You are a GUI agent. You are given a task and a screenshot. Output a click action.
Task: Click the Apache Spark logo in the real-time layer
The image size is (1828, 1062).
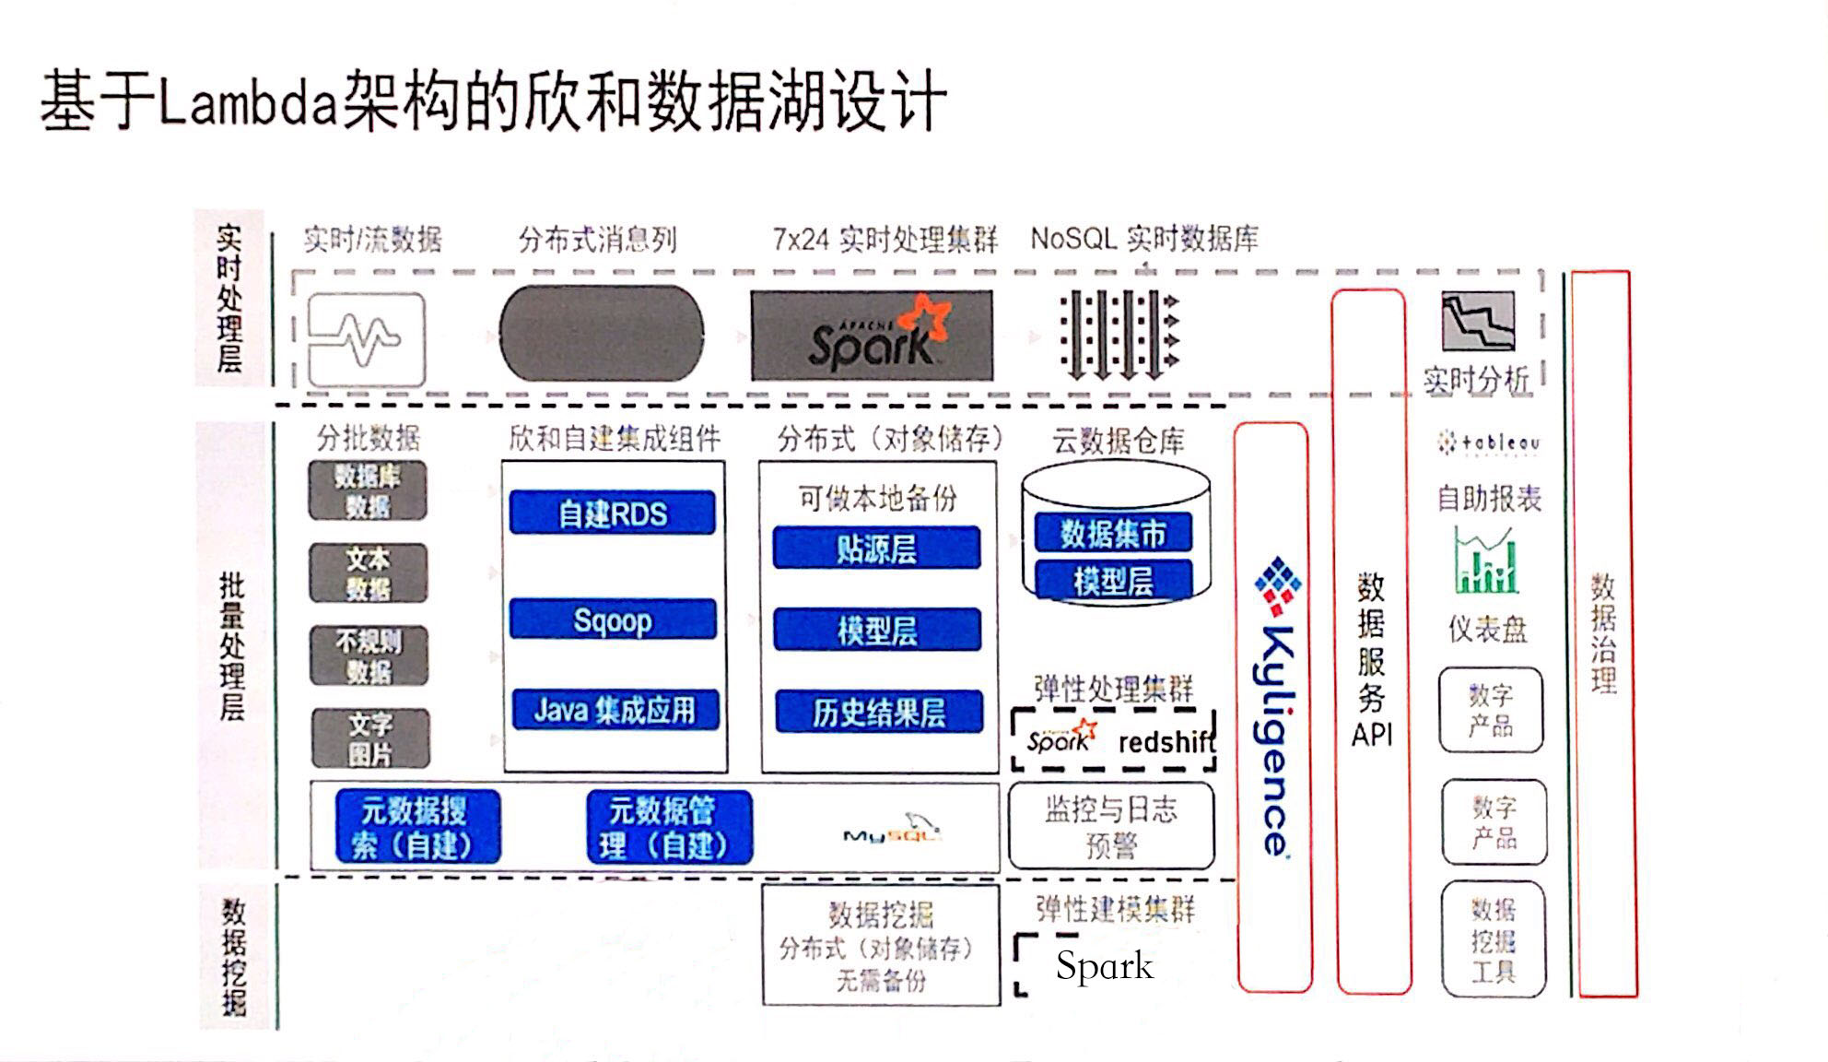[872, 336]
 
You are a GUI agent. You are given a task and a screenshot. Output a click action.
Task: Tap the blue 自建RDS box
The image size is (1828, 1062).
[613, 513]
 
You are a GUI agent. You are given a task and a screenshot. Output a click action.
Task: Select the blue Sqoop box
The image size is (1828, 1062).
[613, 619]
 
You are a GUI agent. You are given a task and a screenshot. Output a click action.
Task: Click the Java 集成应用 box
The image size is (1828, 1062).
[615, 710]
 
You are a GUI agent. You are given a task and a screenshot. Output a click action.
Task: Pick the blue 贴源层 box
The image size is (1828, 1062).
[876, 549]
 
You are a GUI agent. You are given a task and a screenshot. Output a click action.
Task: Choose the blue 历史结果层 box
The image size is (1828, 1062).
[878, 712]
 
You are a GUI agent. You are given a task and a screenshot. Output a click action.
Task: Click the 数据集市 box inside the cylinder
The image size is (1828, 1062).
[1113, 533]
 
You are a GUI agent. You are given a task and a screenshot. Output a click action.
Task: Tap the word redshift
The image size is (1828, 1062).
[1166, 742]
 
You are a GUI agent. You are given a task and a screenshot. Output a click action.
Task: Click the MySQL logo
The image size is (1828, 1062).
[892, 829]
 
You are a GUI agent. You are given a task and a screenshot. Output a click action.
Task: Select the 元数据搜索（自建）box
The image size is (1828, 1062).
[417, 827]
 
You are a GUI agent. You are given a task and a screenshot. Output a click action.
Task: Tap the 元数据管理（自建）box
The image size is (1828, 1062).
[669, 827]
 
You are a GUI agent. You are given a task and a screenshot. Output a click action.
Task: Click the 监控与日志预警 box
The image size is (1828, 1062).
[1111, 826]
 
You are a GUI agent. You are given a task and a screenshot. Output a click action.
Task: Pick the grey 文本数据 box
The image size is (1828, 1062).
[368, 572]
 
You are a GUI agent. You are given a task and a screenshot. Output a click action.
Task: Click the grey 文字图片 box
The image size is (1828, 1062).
[370, 738]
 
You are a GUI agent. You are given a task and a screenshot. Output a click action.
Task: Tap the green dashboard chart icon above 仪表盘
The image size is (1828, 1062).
[1485, 560]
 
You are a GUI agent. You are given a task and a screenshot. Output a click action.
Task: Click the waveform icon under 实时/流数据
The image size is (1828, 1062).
[366, 338]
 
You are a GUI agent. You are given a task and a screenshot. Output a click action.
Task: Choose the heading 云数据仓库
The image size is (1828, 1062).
[1118, 441]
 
